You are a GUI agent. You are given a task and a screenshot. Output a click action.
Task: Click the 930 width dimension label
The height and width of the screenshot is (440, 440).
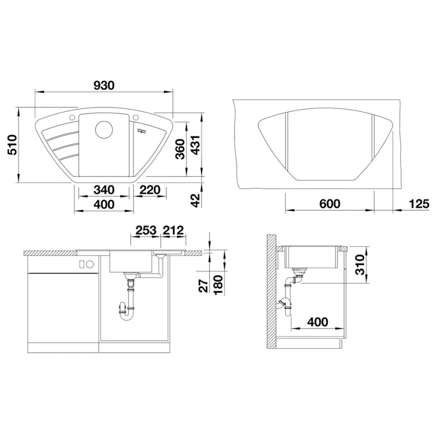coord(104,85)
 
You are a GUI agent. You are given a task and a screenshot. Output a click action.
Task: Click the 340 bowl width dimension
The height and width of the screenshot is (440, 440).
coord(103,190)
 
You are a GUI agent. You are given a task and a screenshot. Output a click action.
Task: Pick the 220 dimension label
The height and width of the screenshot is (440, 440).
coord(150,190)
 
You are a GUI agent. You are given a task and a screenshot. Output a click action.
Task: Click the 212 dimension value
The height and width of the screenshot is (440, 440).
coord(173,230)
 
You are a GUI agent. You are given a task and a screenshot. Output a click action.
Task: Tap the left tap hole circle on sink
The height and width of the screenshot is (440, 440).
coord(72,118)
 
